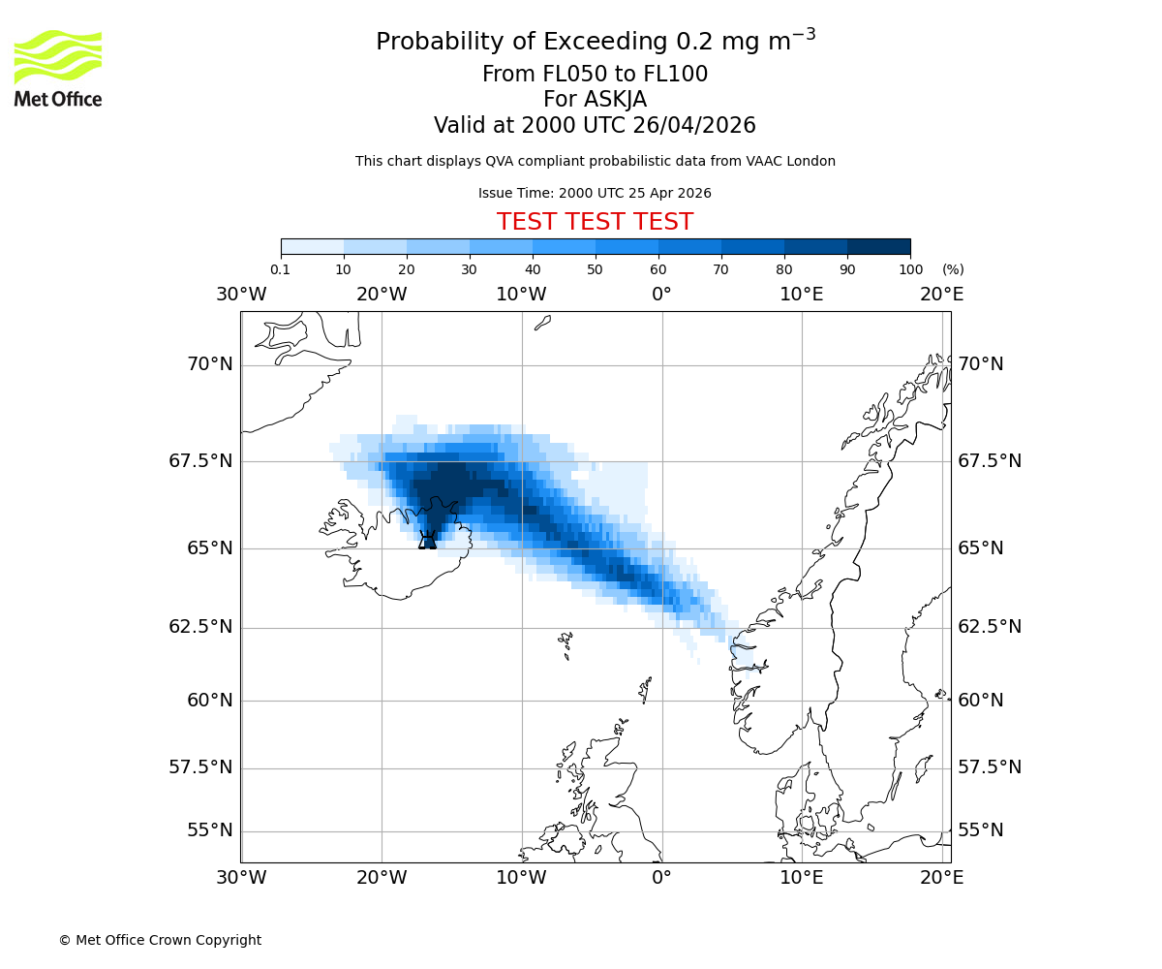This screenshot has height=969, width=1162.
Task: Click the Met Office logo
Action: tap(58, 68)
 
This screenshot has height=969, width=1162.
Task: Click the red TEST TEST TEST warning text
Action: tap(595, 222)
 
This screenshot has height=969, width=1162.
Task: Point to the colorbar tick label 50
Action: tap(596, 269)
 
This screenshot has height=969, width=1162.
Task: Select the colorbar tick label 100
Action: tap(910, 269)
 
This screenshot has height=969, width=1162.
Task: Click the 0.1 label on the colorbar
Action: tap(281, 269)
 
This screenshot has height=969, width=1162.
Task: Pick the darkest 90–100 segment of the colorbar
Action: tap(878, 246)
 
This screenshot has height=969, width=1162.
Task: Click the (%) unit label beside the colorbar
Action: tap(953, 269)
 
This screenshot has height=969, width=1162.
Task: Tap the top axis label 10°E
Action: tap(802, 294)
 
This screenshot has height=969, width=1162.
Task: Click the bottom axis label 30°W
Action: tap(241, 878)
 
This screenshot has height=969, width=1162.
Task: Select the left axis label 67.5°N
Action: tap(200, 460)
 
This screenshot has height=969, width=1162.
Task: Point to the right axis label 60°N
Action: tap(980, 700)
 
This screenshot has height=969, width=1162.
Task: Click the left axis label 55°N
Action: tap(209, 830)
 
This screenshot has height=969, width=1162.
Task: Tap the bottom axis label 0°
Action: tap(661, 878)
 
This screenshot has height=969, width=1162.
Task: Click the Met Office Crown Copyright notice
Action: tap(160, 940)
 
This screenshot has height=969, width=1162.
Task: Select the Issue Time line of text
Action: tap(595, 193)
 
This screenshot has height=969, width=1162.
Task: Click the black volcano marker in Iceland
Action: tap(427, 541)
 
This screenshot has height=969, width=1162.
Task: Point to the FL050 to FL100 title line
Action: tap(595, 74)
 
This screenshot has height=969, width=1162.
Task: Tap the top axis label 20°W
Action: tap(382, 294)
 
